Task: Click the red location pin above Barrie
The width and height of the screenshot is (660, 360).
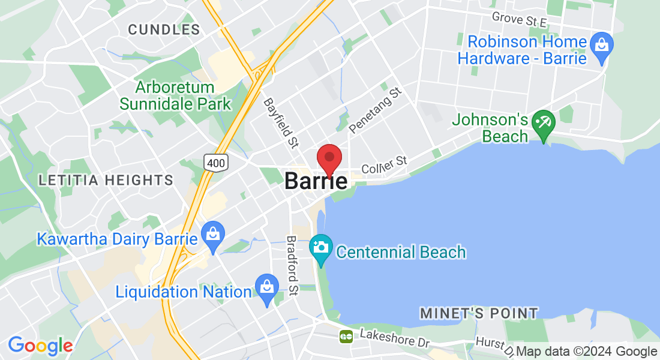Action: click(329, 158)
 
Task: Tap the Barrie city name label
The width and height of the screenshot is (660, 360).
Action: click(316, 181)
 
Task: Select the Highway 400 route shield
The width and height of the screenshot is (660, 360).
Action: click(214, 161)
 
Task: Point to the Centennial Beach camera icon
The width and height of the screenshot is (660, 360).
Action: click(321, 247)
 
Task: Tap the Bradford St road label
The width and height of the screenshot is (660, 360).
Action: click(292, 265)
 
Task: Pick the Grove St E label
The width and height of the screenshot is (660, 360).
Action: click(519, 19)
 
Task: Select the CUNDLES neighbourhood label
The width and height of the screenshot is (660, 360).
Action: click(164, 29)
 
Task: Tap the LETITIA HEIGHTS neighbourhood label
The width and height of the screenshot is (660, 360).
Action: click(106, 179)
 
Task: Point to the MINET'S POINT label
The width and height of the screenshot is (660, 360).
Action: click(479, 313)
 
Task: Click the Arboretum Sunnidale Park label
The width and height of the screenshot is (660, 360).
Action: click(175, 95)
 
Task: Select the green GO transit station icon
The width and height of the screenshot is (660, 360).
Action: click(346, 336)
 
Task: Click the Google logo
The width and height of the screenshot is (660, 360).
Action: click(40, 346)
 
